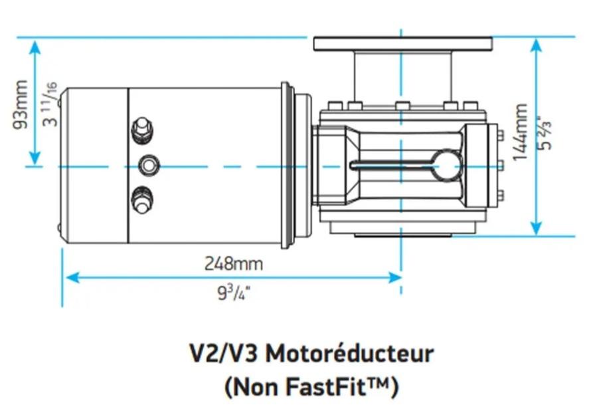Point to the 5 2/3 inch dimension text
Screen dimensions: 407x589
pyautogui.click(x=545, y=132)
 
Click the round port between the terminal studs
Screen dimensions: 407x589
pyautogui.click(x=147, y=164)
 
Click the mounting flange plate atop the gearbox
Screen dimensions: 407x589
pyautogui.click(x=402, y=44)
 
